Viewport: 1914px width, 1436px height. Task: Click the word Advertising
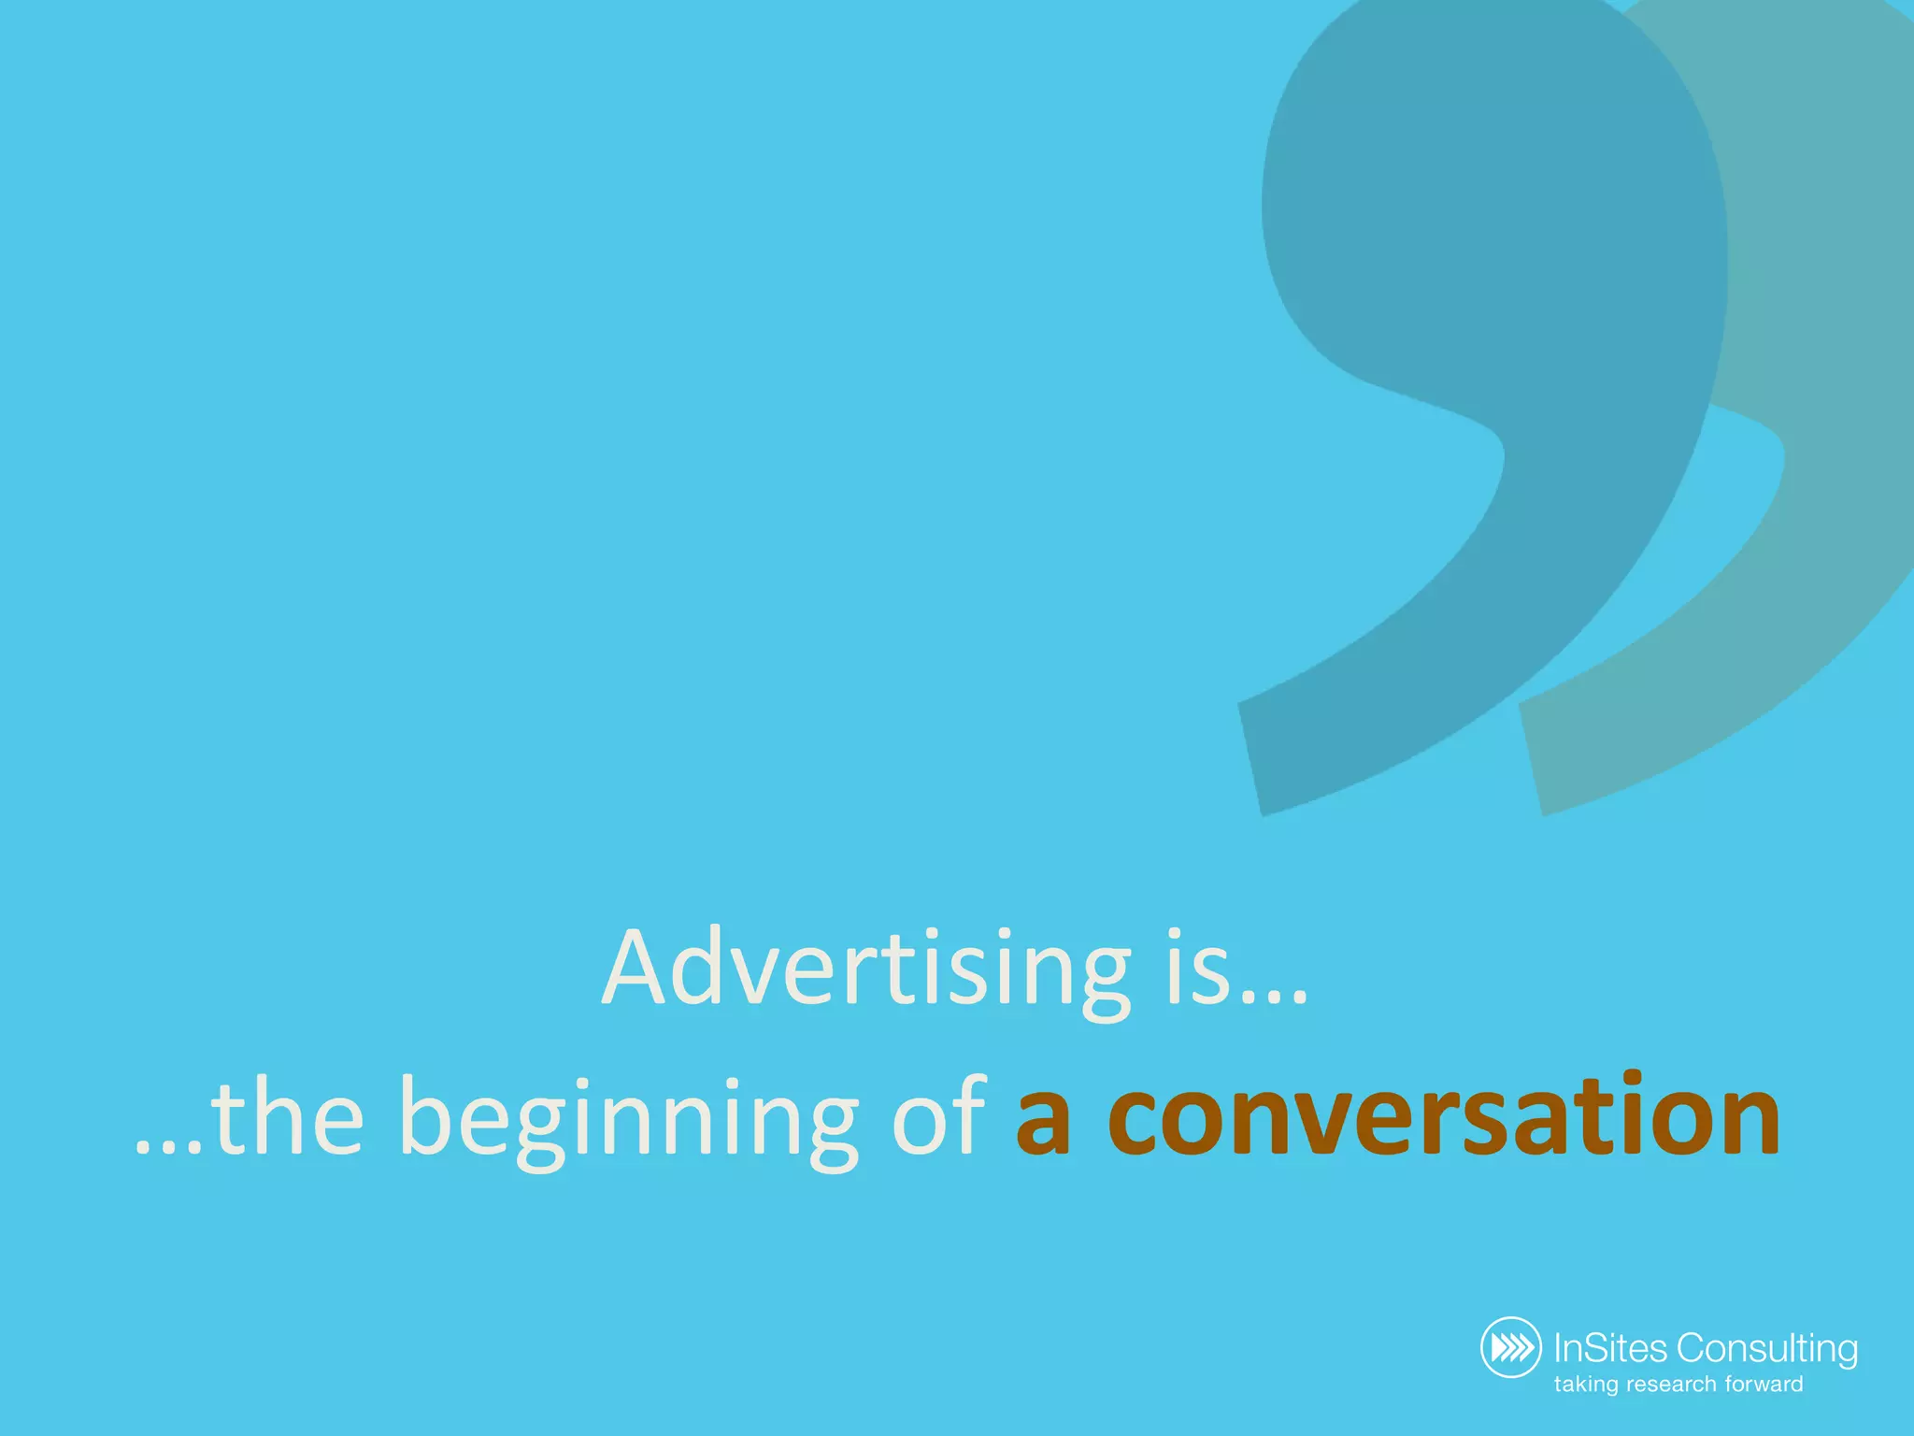(x=865, y=969)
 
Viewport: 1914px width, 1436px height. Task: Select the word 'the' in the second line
(x=287, y=1117)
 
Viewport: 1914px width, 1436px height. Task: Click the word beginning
(x=628, y=1122)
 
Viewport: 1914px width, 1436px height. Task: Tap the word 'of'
(x=939, y=1117)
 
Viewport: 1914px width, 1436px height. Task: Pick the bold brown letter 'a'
(x=1043, y=1122)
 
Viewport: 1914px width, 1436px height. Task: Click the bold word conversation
(x=1444, y=1117)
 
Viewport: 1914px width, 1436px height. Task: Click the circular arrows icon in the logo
(x=1510, y=1347)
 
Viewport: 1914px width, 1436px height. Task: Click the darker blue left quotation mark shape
(x=1495, y=280)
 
